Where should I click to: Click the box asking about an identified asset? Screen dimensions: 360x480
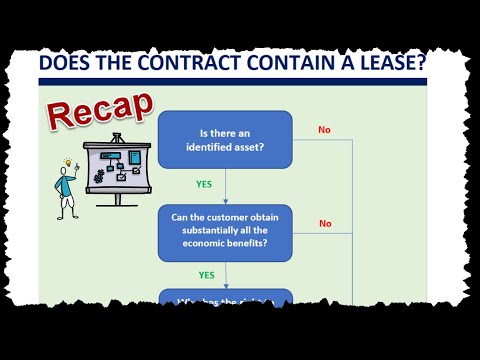(x=225, y=140)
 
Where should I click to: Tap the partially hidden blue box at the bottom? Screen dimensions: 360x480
(x=225, y=298)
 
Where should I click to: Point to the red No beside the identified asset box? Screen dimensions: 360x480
(x=325, y=130)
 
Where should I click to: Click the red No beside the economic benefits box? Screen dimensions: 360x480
(x=325, y=223)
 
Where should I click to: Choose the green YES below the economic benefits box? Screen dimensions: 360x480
(x=207, y=275)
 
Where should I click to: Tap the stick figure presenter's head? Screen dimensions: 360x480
(x=66, y=173)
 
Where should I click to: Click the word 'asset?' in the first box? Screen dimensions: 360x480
(x=258, y=149)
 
